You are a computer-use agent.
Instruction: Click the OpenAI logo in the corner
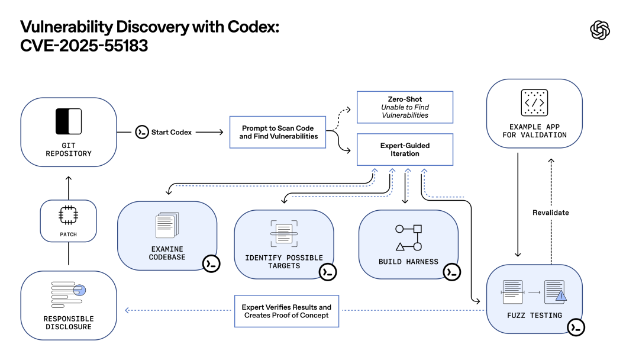point(600,30)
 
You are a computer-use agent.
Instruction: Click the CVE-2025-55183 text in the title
point(84,45)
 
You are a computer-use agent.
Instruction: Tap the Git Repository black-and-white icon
point(68,121)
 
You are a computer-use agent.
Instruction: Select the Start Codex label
point(172,132)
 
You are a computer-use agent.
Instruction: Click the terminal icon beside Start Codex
point(141,132)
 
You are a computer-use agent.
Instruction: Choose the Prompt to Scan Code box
point(277,132)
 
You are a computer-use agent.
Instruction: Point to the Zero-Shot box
point(405,107)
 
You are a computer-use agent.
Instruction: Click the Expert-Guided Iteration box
point(405,149)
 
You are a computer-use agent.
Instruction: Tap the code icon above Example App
point(534,103)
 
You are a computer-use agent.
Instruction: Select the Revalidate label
point(550,213)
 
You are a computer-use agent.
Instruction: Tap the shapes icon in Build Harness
point(408,237)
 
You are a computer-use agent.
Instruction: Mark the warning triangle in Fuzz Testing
point(560,295)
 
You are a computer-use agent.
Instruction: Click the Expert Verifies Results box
point(286,311)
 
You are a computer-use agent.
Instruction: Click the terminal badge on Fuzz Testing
point(575,327)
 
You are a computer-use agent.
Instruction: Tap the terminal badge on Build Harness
point(452,272)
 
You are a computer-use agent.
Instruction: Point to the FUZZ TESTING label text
point(534,316)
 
